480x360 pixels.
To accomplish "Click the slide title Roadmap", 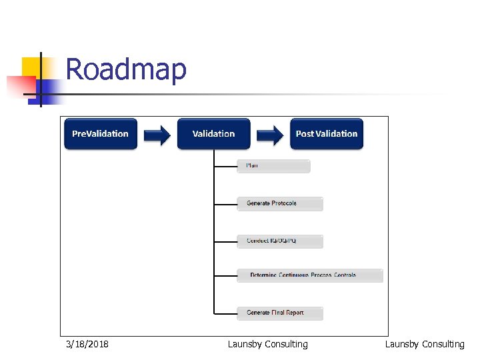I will pos(126,69).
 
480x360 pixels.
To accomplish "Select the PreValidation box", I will pos(100,134).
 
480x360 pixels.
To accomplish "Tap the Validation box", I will pos(213,134).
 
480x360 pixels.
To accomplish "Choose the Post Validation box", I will pos(327,134).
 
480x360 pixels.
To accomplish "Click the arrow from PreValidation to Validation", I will pos(157,135).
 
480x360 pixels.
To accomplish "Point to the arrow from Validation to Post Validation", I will pos(270,135).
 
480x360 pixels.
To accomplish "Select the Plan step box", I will pos(273,166).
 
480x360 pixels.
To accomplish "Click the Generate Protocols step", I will pos(280,203).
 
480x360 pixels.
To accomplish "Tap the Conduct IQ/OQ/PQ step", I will pos(280,241).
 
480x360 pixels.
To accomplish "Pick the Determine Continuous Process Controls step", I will pos(310,275).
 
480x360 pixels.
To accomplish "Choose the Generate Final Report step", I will pos(280,313).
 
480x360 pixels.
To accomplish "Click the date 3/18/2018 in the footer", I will pos(87,344).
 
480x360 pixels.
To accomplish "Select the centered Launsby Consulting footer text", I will pos(267,344).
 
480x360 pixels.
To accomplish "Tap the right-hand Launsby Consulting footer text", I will pos(425,344).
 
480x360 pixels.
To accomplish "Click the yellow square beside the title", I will pos(31,67).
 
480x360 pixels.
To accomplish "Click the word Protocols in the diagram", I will pos(283,203).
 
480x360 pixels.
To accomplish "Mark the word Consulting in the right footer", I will pos(443,344).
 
